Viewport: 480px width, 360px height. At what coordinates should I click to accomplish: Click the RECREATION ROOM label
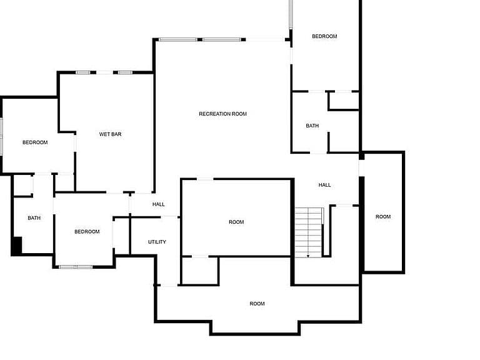tap(222, 114)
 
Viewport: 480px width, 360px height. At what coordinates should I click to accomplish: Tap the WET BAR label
tap(110, 134)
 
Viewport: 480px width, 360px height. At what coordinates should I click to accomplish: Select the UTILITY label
tap(157, 242)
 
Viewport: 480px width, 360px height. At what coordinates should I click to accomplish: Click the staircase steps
tap(308, 232)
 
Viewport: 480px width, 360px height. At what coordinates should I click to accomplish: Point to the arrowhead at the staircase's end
tap(308, 256)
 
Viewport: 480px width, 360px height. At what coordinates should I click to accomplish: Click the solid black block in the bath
tap(17, 245)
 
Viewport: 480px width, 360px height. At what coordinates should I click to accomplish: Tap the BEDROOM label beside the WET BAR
tap(35, 142)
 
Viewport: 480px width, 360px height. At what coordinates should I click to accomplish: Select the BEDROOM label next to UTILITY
tap(87, 232)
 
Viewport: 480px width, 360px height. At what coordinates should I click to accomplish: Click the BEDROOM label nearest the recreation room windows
tap(324, 36)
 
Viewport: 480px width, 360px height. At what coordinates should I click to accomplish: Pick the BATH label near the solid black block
tap(34, 218)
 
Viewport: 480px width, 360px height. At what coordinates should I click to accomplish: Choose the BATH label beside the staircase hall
tap(312, 126)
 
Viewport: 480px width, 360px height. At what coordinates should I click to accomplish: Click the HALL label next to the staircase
tap(324, 185)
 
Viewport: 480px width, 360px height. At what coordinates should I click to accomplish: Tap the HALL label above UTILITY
tap(159, 204)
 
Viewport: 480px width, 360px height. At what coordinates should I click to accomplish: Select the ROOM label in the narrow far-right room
tap(383, 217)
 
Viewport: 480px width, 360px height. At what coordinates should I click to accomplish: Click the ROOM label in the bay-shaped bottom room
tap(257, 304)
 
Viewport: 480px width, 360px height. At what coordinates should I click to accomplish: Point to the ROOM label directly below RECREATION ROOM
tap(236, 222)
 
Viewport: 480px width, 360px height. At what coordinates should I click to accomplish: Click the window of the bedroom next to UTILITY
tap(76, 267)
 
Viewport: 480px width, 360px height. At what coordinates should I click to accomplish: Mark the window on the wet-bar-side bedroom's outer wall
tap(1, 136)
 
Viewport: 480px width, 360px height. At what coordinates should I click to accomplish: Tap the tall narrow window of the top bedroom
tap(291, 14)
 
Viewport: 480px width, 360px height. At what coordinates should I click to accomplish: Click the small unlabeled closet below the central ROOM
tap(200, 271)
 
